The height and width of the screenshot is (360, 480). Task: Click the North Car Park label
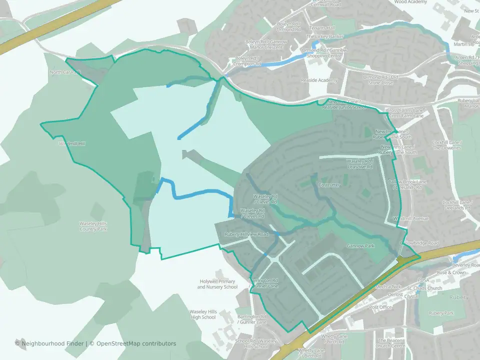click(x=65, y=72)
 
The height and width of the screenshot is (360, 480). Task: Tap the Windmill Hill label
click(x=72, y=143)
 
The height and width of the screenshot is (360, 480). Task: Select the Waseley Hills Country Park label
click(x=93, y=226)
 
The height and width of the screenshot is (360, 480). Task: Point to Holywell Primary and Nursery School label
click(x=217, y=284)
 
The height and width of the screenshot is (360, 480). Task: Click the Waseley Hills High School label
click(x=202, y=314)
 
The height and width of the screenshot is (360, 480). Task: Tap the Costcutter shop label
click(x=328, y=185)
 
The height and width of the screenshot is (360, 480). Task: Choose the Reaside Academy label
click(x=319, y=80)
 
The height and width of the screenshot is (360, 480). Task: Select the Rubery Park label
click(x=441, y=313)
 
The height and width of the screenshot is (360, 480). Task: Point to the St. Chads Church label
click(x=424, y=288)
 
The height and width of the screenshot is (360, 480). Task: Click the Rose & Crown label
click(x=450, y=273)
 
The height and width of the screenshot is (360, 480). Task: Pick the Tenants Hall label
click(x=322, y=28)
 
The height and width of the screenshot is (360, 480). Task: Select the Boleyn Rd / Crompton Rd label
click(x=248, y=61)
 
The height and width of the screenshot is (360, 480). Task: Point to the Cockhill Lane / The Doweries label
click(x=447, y=145)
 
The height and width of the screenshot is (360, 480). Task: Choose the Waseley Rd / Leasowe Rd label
click(x=359, y=164)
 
